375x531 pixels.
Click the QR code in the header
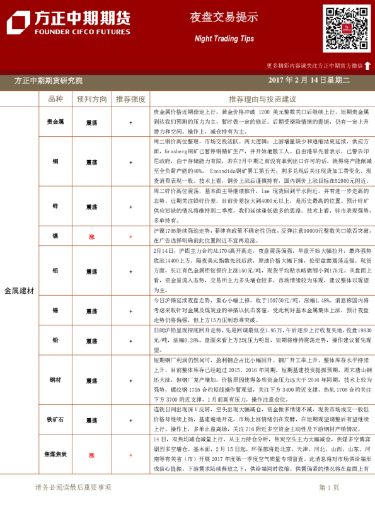(x=347, y=28)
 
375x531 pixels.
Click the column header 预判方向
(x=92, y=99)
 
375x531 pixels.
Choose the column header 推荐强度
(x=130, y=99)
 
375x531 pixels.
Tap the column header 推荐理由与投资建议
(x=262, y=99)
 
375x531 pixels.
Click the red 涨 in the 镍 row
(x=92, y=236)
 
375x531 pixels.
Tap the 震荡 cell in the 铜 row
(x=92, y=161)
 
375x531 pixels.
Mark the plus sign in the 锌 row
(x=130, y=207)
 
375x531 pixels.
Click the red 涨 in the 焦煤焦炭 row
(x=92, y=454)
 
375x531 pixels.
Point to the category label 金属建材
(x=19, y=291)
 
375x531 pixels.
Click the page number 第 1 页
(x=329, y=487)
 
